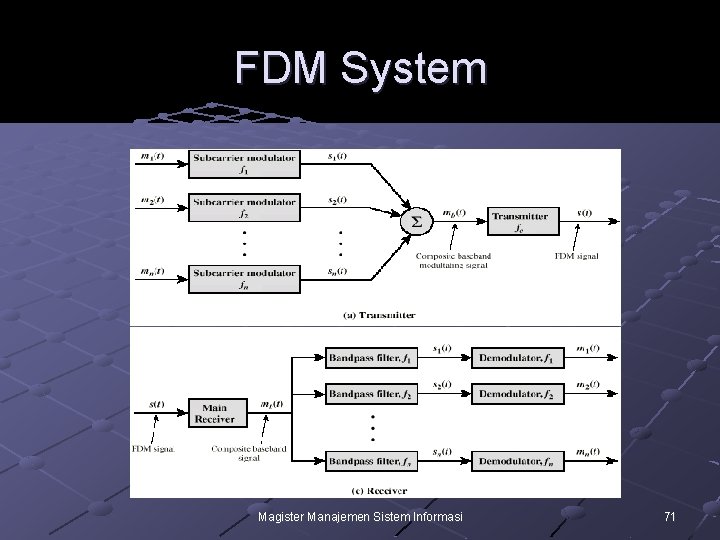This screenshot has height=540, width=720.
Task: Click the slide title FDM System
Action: click(x=361, y=69)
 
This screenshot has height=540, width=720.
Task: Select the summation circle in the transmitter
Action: click(x=416, y=219)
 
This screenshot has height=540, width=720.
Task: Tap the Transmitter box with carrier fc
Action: click(x=519, y=220)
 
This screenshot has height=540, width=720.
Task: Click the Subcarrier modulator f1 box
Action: click(x=244, y=163)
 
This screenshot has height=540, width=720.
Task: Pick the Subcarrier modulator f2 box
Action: click(x=244, y=207)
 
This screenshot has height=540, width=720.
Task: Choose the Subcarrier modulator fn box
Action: click(x=244, y=278)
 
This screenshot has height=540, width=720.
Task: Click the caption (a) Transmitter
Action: click(x=380, y=315)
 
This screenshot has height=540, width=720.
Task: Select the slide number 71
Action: click(x=670, y=517)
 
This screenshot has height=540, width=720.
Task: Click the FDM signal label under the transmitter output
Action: click(x=576, y=256)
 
